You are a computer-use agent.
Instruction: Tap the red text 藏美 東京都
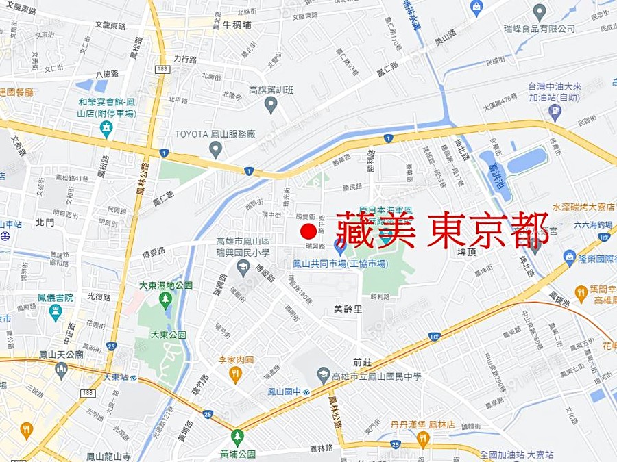pos(442,230)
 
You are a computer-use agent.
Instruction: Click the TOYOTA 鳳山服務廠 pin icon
pos(215,148)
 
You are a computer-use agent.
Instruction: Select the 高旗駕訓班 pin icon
pos(271,105)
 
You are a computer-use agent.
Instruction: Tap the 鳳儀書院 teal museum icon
pos(56,312)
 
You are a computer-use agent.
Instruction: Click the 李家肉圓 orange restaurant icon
pos(235,374)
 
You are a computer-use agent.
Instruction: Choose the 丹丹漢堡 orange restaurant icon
pos(423,439)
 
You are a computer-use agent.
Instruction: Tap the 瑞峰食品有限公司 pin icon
pos(540,12)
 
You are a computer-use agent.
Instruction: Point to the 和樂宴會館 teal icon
pos(106,129)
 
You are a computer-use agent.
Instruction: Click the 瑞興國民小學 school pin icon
pos(243,267)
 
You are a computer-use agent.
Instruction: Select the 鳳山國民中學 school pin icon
pos(324,376)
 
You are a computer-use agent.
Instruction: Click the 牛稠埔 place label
pos(237,25)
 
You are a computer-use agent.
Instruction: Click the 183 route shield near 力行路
pos(162,70)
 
